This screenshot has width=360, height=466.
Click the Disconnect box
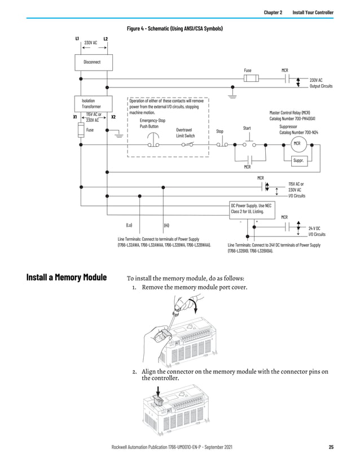click(92, 61)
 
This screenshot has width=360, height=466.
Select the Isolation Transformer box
click(92, 103)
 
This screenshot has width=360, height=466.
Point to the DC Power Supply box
click(254, 208)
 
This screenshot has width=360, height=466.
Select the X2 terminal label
click(113, 117)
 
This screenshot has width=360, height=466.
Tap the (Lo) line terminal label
click(129, 225)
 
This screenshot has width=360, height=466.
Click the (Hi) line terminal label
click(166, 225)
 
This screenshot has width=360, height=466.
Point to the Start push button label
click(247, 128)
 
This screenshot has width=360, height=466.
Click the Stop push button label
click(219, 131)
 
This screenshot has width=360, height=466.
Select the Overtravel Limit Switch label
click(185, 133)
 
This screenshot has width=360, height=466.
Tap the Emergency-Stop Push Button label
click(152, 123)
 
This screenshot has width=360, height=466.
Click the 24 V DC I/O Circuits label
click(317, 231)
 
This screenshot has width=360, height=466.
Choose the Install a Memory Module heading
click(67, 278)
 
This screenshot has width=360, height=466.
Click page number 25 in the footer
click(331, 447)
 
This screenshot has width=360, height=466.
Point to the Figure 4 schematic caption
click(174, 28)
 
